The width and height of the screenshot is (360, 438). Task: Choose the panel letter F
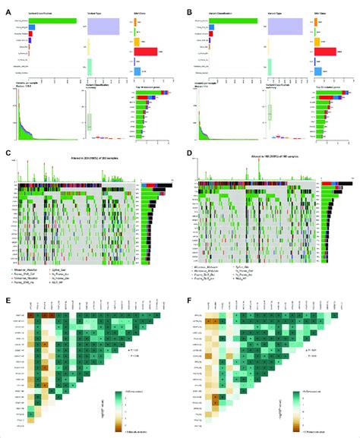[187, 299]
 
